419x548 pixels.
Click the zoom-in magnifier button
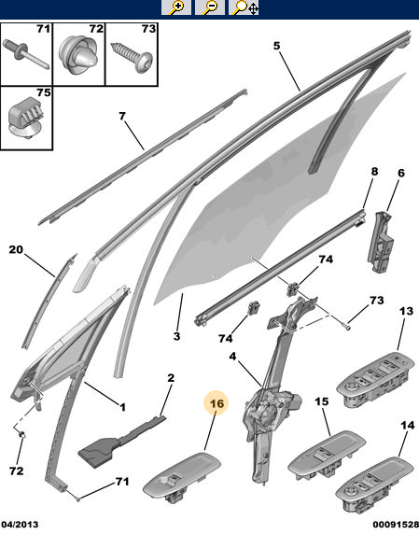click(176, 7)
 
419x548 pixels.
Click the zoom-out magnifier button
click(210, 7)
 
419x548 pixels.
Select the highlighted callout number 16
click(216, 403)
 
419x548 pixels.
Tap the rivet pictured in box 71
click(25, 54)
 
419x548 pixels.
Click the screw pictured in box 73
click(132, 56)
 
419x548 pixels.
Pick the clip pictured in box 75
click(26, 119)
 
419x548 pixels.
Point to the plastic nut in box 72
click(79, 55)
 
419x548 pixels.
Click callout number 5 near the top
click(276, 46)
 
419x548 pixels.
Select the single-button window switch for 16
click(182, 477)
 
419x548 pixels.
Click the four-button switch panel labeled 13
click(376, 380)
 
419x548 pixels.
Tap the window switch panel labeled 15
click(327, 455)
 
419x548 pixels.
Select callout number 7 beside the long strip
click(122, 116)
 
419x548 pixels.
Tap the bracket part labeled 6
click(381, 242)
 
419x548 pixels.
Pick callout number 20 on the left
click(16, 249)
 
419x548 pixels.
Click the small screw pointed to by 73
click(346, 327)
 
